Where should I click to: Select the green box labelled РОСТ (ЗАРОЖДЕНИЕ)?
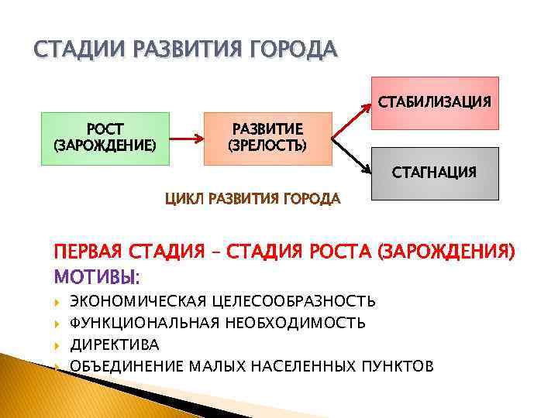pos(105,139)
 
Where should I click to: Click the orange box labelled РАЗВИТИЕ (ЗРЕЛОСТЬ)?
pos(267,139)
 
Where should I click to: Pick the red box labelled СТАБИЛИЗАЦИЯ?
pos(434,102)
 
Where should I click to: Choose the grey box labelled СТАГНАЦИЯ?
pos(434,172)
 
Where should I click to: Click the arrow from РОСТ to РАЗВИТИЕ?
pos(186,140)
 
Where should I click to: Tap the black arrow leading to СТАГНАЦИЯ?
pos(350,156)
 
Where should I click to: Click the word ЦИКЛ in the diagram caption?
pos(181,199)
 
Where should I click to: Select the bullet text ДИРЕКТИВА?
pos(114,344)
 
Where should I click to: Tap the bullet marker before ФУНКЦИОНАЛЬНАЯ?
pos(58,322)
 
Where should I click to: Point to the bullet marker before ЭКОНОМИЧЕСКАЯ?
pos(58,300)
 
